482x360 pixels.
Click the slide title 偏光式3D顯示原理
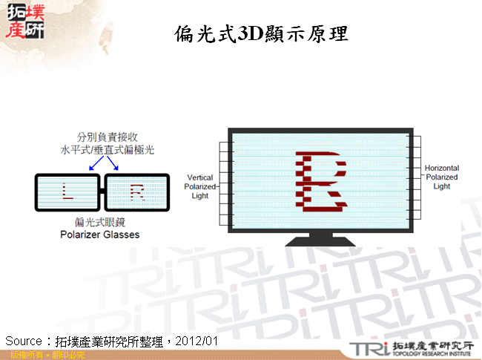pos(261,34)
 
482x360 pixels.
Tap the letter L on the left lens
pos(67,192)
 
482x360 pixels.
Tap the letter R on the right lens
pos(137,192)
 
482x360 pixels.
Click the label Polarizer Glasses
pos(99,235)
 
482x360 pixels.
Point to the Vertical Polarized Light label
pos(200,187)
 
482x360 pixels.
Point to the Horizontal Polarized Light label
pos(442,177)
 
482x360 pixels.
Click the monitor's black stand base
pos(322,241)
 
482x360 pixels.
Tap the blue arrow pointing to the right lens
pos(113,166)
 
